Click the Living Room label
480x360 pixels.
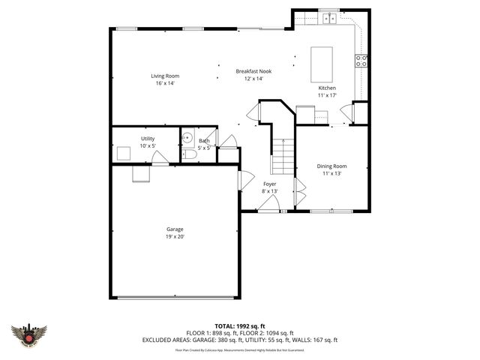point(165,76)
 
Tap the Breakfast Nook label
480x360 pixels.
point(253,71)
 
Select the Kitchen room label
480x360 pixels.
point(327,88)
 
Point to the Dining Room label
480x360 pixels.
point(332,166)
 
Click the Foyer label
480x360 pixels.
point(269,184)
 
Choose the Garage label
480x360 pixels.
point(175,229)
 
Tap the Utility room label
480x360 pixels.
point(148,138)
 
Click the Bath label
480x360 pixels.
point(204,141)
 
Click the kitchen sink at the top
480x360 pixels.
point(329,17)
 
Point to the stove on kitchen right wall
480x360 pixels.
point(362,61)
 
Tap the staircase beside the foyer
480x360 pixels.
point(282,156)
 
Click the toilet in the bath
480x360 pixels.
point(189,154)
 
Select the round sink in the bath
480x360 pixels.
point(188,138)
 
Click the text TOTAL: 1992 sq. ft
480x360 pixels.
point(240,326)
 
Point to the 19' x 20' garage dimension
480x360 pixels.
point(175,236)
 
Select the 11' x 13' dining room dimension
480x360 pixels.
point(332,173)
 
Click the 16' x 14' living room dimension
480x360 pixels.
point(165,83)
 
